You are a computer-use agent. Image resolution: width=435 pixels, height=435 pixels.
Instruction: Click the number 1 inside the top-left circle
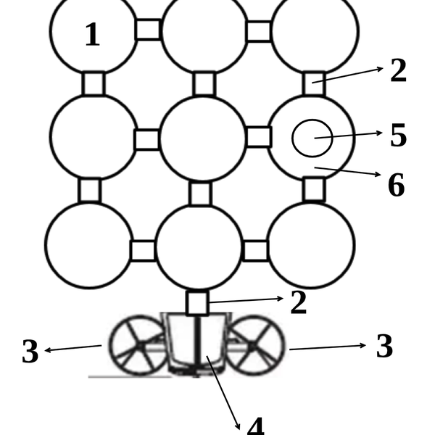(92, 36)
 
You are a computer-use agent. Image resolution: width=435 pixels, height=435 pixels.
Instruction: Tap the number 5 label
(398, 136)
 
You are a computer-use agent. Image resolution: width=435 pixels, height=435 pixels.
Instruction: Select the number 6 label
(396, 186)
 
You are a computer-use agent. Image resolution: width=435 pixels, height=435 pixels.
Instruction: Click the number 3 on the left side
(30, 351)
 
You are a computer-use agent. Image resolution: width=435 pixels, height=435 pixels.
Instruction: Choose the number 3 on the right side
(384, 347)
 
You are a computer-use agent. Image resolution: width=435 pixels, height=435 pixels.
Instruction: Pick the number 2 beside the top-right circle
(398, 71)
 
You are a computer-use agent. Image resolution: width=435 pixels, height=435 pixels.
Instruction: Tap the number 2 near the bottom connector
(298, 302)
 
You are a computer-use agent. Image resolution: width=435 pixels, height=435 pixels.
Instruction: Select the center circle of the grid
(203, 138)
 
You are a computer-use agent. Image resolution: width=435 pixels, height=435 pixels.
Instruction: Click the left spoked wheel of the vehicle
(136, 344)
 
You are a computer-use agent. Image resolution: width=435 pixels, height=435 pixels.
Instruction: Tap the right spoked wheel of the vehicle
(257, 344)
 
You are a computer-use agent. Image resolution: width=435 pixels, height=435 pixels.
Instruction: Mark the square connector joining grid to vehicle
(197, 303)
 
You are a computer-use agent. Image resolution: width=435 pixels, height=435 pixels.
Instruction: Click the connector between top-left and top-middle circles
(148, 30)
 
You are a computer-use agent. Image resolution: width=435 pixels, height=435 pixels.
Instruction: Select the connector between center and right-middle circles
(258, 137)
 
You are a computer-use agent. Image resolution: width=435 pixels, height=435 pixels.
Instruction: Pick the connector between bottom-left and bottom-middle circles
(143, 251)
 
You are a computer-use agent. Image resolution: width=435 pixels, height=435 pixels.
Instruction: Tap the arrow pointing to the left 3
(72, 349)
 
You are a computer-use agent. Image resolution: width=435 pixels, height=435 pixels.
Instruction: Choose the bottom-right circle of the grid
(311, 245)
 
